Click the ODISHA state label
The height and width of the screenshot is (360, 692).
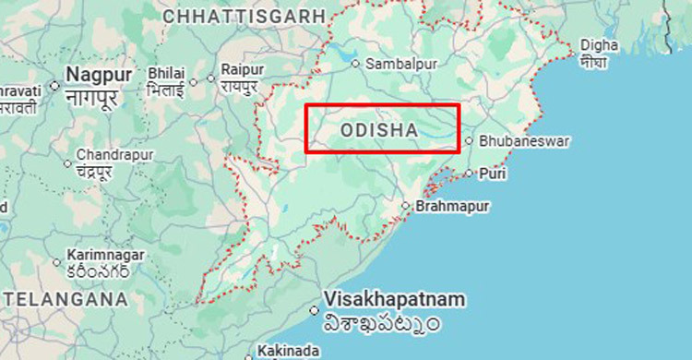click(379, 131)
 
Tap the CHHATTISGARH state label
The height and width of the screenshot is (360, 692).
click(245, 16)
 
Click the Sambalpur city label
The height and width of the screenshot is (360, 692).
click(400, 64)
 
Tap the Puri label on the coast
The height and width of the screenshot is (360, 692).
click(494, 173)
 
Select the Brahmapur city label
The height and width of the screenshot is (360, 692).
click(452, 206)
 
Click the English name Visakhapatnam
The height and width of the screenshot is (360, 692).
click(394, 301)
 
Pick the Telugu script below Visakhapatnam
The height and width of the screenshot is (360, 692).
click(381, 324)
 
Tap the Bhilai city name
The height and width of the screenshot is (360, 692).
click(166, 73)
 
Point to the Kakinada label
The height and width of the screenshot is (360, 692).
click(290, 351)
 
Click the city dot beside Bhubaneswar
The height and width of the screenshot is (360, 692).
click(470, 141)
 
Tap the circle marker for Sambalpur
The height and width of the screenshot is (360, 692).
click(355, 64)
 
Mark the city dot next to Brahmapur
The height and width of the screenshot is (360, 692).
click(405, 206)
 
